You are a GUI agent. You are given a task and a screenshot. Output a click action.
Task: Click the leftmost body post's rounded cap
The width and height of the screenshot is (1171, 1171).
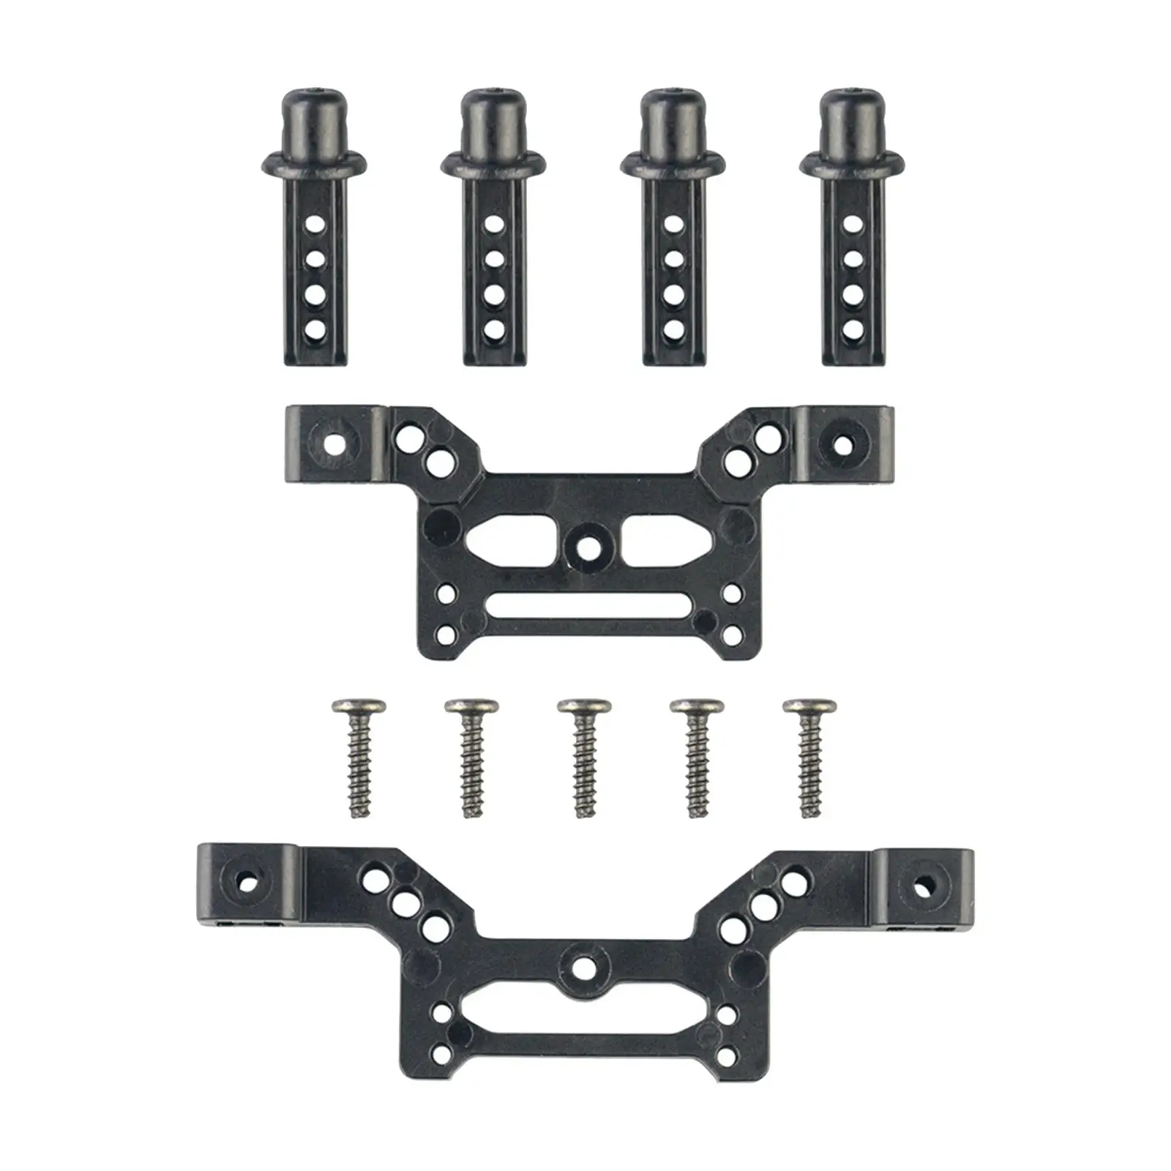[313, 117]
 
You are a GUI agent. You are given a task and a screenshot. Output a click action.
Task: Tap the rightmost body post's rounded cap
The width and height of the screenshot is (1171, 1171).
[850, 117]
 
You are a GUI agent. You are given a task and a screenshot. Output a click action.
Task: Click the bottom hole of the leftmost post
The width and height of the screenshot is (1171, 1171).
[314, 329]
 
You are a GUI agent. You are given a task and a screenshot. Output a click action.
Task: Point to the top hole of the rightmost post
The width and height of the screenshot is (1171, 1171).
[851, 222]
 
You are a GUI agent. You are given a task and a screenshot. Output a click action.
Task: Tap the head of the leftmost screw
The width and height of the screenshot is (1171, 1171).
[358, 707]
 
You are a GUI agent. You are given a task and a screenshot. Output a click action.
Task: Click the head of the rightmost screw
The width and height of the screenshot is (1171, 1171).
[809, 707]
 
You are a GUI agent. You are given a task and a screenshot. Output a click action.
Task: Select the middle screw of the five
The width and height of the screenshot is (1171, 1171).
[583, 754]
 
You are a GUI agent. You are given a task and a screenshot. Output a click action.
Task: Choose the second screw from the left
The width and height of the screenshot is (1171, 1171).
[471, 754]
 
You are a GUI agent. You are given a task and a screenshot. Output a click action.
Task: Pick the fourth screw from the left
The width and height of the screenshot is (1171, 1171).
[696, 754]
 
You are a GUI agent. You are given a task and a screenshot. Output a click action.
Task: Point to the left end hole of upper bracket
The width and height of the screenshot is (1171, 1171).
[335, 443]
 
